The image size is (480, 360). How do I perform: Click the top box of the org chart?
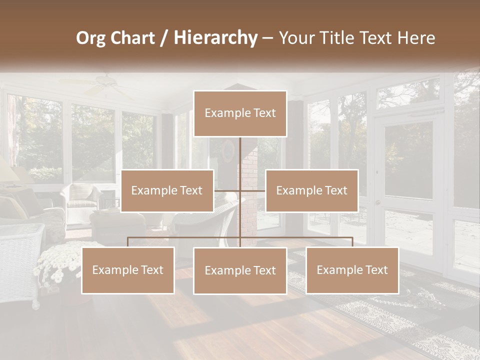[x=240, y=113]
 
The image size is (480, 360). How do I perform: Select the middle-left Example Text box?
[x=167, y=190]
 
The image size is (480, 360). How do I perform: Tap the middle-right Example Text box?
[x=311, y=190]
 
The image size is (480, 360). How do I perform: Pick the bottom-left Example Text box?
[x=128, y=270]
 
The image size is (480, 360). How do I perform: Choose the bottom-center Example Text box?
[x=240, y=270]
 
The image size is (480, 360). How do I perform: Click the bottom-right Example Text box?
[x=352, y=270]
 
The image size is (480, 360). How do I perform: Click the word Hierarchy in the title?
[x=215, y=37]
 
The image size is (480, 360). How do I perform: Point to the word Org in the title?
[x=91, y=38]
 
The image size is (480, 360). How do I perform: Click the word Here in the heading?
[x=416, y=38]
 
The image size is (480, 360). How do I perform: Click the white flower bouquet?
[x=57, y=260]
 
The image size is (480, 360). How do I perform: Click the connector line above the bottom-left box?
[x=128, y=242]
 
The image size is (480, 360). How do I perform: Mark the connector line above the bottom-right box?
[x=352, y=242]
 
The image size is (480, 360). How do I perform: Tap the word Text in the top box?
[x=263, y=113]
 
